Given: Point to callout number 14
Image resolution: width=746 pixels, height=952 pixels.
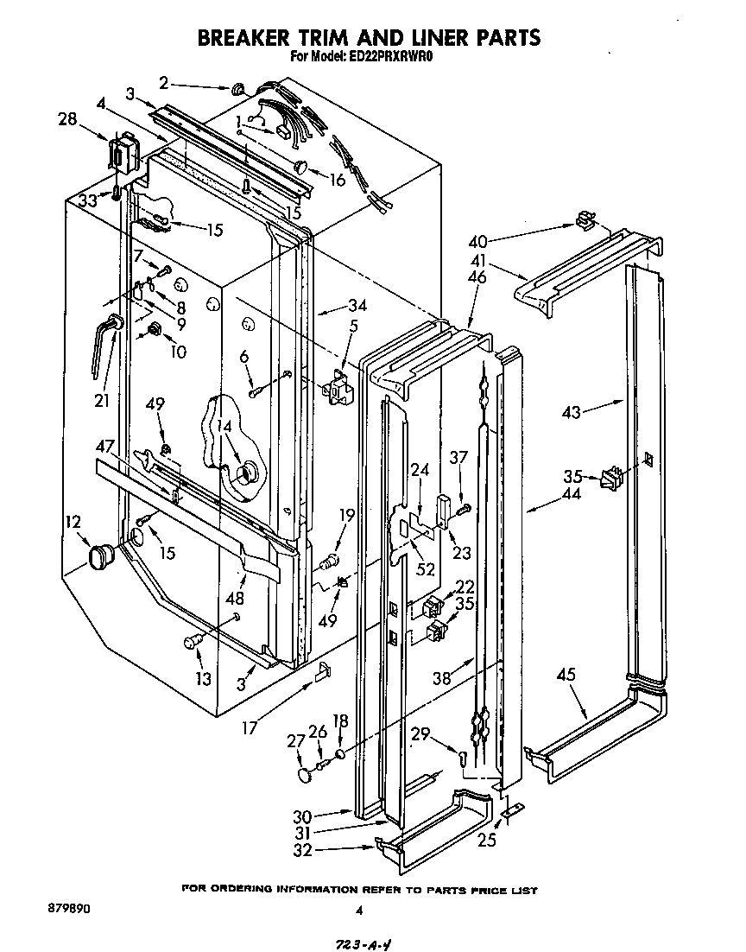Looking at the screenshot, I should coord(224,425).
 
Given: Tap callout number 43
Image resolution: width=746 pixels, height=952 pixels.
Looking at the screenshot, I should coord(572,414).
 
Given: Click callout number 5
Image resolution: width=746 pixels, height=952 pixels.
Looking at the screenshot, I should coord(351,326).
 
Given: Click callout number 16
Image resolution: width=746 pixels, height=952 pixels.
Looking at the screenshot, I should coord(337,181).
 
